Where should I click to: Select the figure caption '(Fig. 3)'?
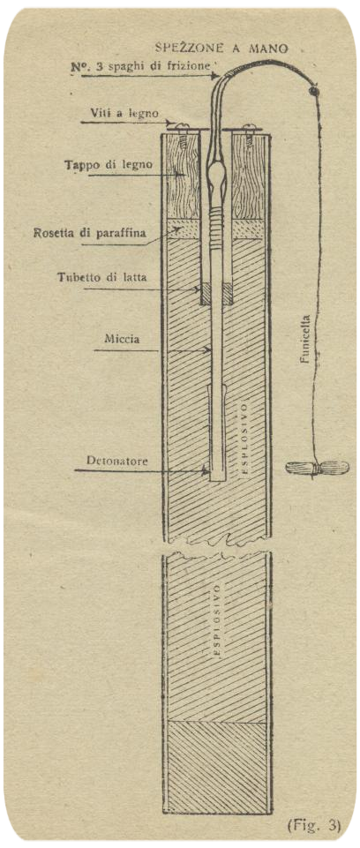(x=318, y=826)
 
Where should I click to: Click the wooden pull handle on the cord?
(x=317, y=468)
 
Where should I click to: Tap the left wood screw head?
(x=181, y=127)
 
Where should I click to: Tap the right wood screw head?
(x=249, y=127)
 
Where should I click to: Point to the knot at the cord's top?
(x=313, y=92)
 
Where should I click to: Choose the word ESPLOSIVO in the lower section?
(x=217, y=619)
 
